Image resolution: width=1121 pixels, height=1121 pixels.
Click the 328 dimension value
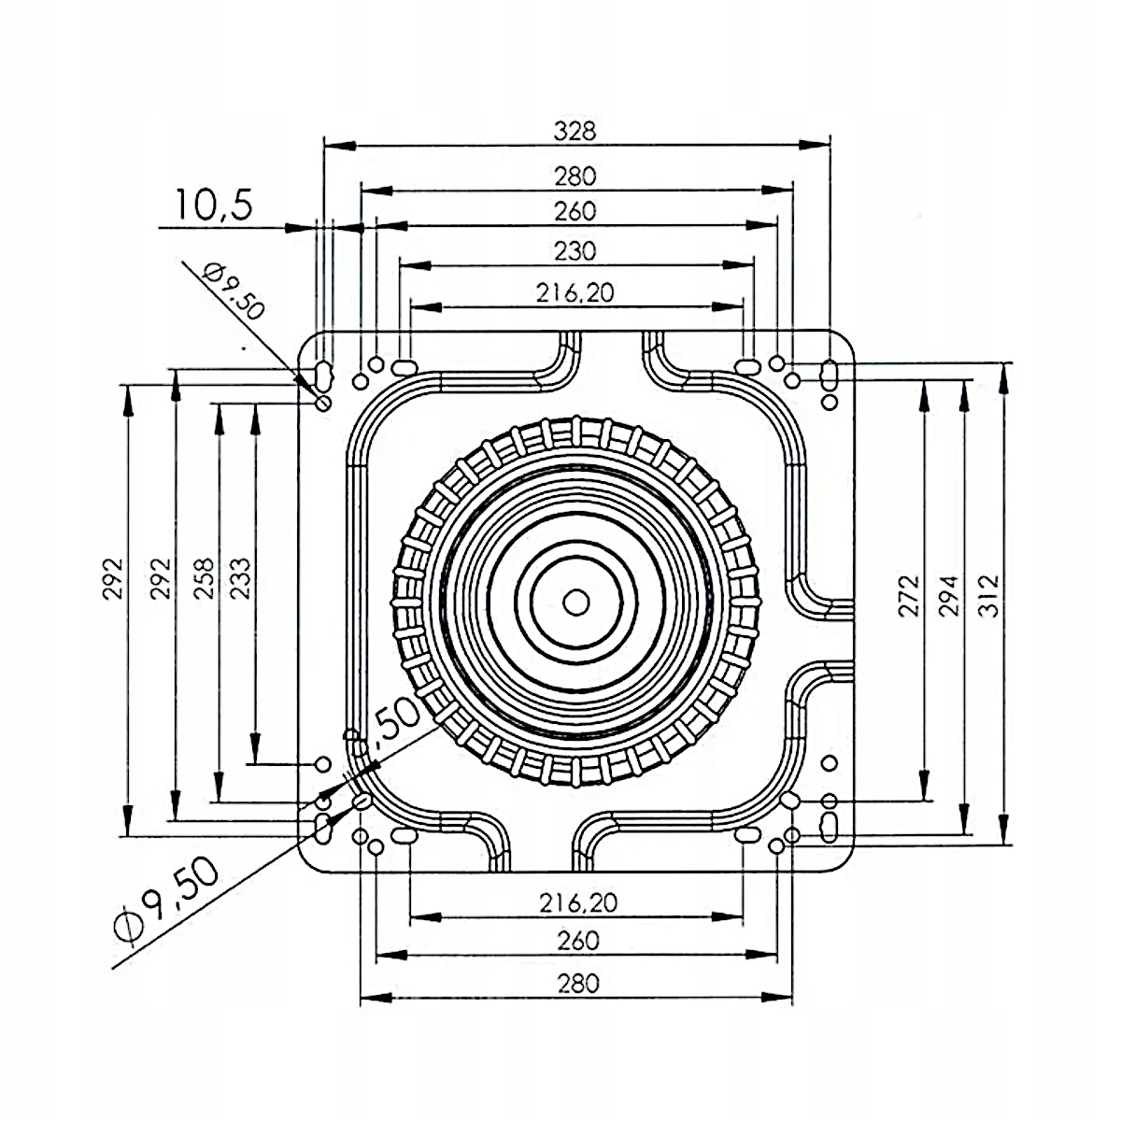tap(575, 131)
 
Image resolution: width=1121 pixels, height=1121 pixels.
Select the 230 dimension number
tap(575, 250)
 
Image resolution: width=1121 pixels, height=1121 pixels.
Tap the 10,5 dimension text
tap(214, 205)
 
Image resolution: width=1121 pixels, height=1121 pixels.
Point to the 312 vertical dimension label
tap(989, 596)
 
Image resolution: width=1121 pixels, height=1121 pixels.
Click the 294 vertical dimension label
tap(949, 596)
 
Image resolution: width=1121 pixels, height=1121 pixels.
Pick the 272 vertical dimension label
tap(909, 596)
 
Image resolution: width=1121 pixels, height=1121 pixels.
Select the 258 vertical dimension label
tap(204, 579)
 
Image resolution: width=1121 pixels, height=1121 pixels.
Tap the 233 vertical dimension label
tap(240, 579)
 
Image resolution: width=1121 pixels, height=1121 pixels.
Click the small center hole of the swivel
tap(576, 603)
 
